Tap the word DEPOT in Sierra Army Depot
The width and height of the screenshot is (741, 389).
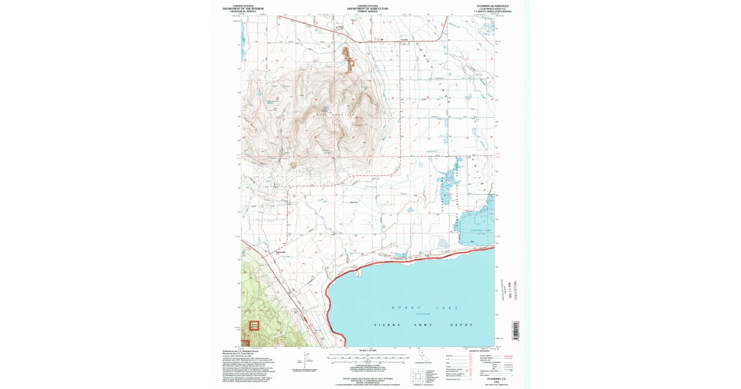(461, 324)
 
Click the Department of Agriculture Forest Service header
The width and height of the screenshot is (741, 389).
(367, 8)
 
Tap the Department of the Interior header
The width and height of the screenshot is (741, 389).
(243, 8)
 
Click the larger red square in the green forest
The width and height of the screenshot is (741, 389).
(254, 325)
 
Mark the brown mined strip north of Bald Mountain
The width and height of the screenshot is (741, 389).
(349, 60)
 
